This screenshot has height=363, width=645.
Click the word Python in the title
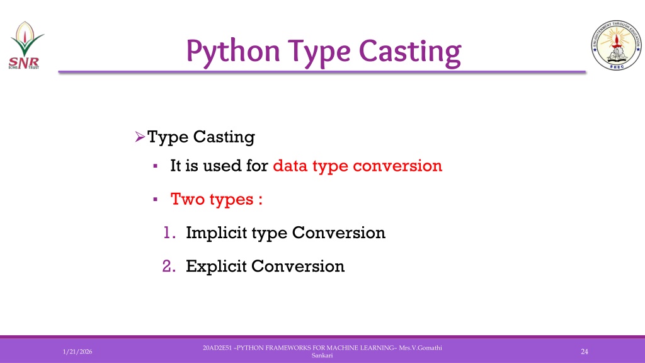coord(233,52)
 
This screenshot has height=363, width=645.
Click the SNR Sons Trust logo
coord(26,45)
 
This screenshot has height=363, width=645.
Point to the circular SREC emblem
coord(616,45)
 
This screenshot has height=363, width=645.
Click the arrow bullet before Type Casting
coord(140,137)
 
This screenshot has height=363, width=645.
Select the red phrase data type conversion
coord(358,166)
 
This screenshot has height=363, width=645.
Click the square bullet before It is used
coord(155,166)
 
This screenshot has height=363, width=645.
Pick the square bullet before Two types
coord(155,200)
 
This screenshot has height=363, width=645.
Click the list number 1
coord(169,233)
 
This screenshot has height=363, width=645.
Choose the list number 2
coord(169,267)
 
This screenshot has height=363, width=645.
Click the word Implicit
coord(215,233)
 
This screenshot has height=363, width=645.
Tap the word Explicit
coord(216,267)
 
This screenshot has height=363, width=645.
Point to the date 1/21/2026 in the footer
coord(77,352)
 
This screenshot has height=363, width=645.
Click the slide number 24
coord(584,352)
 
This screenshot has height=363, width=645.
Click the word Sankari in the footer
coord(322,355)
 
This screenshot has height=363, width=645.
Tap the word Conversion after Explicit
coord(298,267)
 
